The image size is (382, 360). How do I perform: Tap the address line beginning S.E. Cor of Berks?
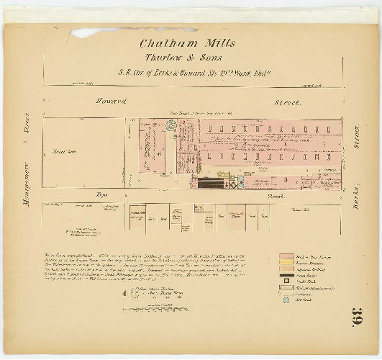[x=190, y=72]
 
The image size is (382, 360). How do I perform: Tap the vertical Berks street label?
[x=357, y=181]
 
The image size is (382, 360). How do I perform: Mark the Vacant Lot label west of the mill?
[x=60, y=153]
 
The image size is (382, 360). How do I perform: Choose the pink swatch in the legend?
[x=288, y=256]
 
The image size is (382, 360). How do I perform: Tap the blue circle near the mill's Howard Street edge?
[x=171, y=125]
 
